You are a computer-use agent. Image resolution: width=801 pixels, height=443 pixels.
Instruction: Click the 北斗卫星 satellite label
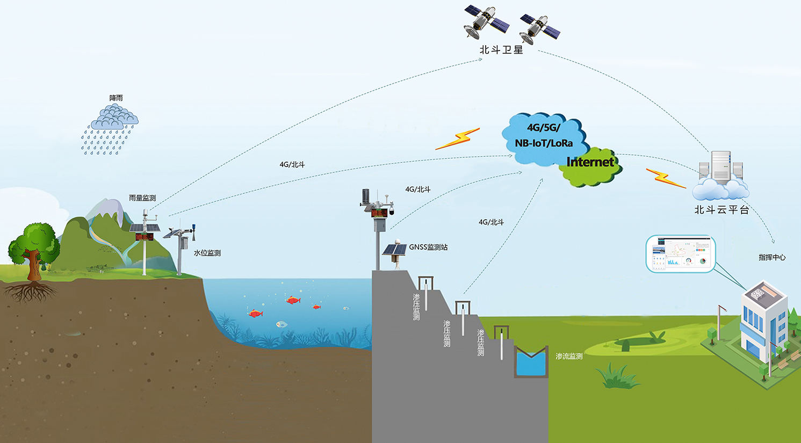[501, 50]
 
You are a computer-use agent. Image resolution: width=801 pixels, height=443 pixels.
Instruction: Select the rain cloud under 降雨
[114, 118]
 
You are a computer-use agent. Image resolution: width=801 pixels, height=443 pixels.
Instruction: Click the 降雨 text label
[116, 98]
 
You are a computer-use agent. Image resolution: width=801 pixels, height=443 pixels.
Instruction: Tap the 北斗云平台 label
[721, 210]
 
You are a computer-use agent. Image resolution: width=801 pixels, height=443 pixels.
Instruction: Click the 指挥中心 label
[772, 258]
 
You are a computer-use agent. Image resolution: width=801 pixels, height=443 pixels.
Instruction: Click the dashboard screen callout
[681, 253]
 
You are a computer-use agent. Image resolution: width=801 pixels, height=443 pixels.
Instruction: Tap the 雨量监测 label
[142, 198]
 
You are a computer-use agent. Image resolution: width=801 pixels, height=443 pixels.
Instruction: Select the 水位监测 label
[207, 253]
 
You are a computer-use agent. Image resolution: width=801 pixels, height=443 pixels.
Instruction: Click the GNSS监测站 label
[428, 248]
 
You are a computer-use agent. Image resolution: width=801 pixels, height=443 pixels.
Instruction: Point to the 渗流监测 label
[569, 356]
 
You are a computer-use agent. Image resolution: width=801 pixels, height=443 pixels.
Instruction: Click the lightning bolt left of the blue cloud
[457, 139]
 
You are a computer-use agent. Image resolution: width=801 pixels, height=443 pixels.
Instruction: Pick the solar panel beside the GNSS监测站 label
[394, 250]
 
